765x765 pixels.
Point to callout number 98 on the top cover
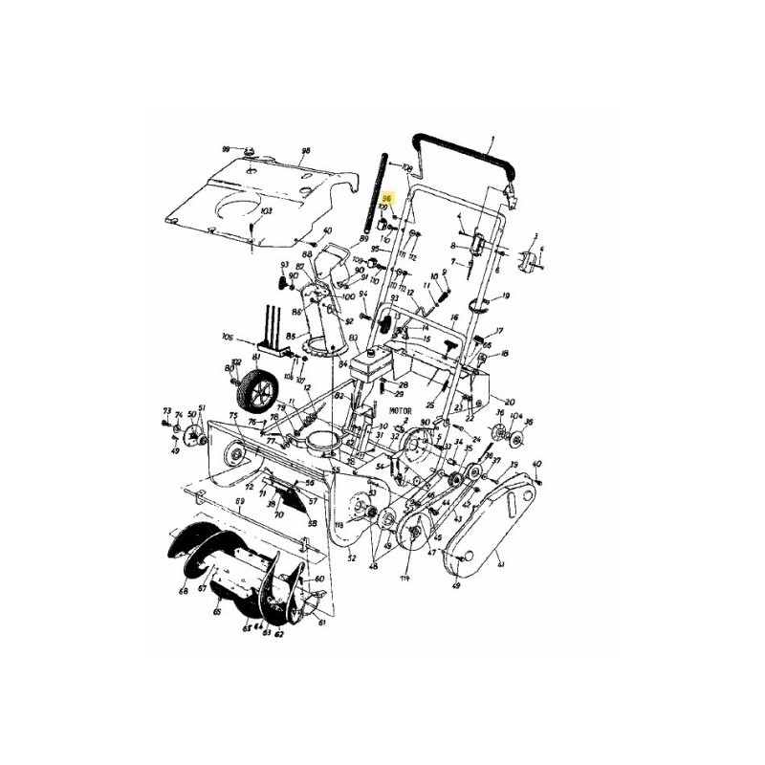306,151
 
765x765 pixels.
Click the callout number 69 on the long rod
239,501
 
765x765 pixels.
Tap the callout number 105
227,337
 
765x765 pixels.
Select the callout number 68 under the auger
183,592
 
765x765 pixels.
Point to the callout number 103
266,210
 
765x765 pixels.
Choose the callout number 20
510,402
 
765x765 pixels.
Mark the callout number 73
166,409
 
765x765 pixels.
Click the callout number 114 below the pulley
405,579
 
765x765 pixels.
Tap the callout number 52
352,557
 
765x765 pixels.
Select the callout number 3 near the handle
535,235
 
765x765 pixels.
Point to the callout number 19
506,296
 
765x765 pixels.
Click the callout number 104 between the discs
516,418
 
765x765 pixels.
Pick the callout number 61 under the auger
322,623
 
